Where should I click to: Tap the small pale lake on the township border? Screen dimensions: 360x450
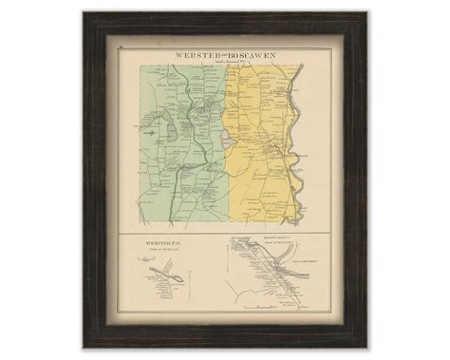point(225,140)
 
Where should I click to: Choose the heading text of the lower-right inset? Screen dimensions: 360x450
point(257,244)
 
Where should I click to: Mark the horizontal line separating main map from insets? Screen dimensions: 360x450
point(225,237)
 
